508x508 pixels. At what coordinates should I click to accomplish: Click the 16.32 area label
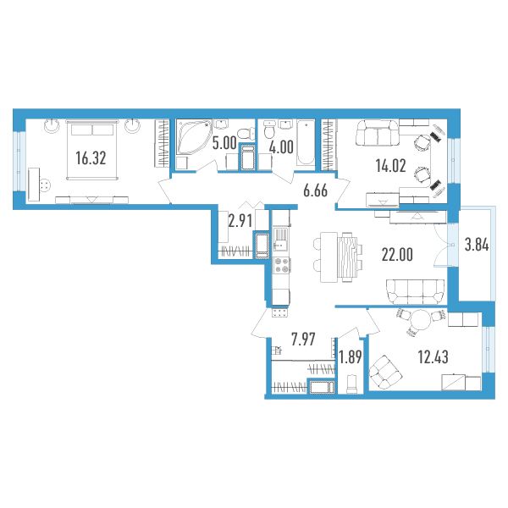pos(91,158)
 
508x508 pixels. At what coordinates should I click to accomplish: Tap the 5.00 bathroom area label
pos(224,144)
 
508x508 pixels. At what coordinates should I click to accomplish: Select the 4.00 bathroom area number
pos(282,146)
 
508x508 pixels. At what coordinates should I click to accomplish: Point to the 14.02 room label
pos(390,166)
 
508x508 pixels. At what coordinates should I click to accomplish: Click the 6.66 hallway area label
pos(315,190)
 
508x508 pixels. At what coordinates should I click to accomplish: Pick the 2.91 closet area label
pos(240,222)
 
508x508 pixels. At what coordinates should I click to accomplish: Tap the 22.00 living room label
pos(397,255)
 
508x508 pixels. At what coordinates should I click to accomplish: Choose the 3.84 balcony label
pos(477,245)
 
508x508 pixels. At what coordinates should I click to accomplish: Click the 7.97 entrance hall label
pos(303,340)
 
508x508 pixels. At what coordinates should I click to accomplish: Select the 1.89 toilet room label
pos(350,357)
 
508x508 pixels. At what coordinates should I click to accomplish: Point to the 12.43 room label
pos(433,357)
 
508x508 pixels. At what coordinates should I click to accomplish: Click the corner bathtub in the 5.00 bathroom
pos(192,136)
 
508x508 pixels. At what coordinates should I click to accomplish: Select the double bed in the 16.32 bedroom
pos(92,149)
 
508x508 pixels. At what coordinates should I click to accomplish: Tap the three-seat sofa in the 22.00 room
pos(416,292)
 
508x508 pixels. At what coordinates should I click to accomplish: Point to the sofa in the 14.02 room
pos(378,133)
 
